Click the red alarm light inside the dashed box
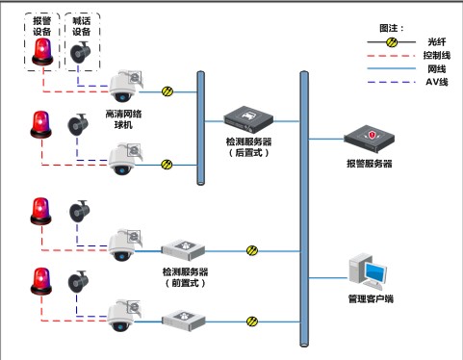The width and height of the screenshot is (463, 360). click(41, 56)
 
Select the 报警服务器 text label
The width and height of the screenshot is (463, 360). click(370, 164)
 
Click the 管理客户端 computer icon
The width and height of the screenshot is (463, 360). click(370, 271)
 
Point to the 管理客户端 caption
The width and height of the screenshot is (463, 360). click(370, 299)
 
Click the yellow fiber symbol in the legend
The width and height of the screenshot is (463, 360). click(391, 43)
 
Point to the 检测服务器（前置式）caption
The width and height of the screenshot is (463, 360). click(185, 278)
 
